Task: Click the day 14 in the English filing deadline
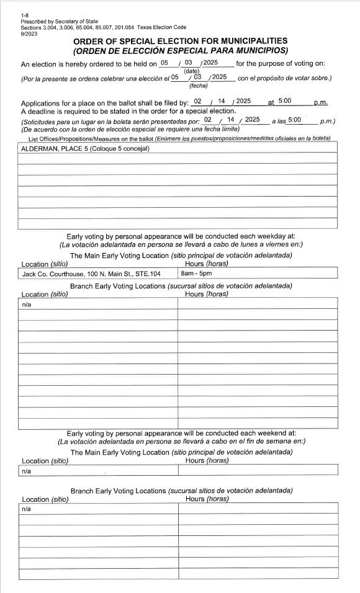(221, 101)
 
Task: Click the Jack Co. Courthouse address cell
(91, 274)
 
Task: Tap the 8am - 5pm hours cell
(196, 274)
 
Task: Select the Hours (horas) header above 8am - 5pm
(207, 264)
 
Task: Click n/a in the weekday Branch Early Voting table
(27, 305)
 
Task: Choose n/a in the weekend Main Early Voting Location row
(27, 471)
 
